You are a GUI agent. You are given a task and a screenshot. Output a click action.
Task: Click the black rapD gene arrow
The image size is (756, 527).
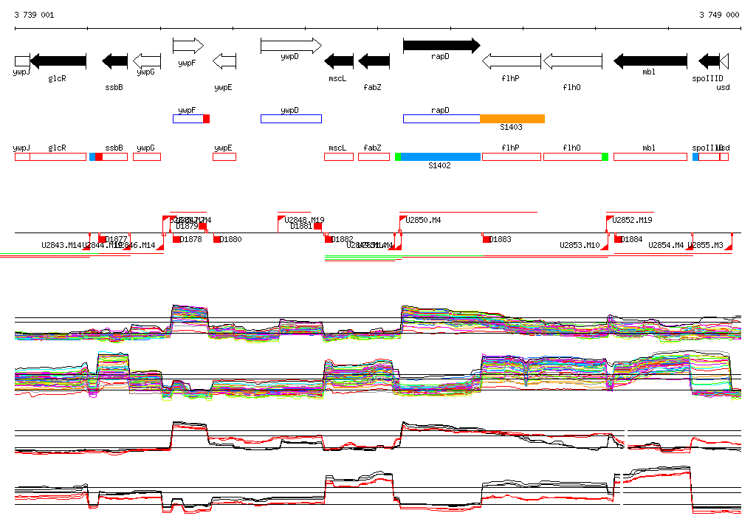click(441, 46)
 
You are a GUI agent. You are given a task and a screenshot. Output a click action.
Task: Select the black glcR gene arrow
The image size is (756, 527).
click(58, 61)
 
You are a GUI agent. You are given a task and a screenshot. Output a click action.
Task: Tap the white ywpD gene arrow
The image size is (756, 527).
click(291, 46)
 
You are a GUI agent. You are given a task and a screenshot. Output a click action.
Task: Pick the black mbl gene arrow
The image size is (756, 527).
click(650, 61)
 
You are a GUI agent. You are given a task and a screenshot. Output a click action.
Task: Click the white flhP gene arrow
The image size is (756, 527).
click(511, 61)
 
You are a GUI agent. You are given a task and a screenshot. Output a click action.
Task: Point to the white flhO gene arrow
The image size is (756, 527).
click(572, 61)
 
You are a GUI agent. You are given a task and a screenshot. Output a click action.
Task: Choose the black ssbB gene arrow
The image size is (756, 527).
click(114, 61)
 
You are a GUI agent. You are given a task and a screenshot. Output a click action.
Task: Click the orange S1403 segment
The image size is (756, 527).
click(512, 119)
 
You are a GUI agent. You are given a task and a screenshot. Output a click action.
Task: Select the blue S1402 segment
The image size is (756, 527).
click(441, 156)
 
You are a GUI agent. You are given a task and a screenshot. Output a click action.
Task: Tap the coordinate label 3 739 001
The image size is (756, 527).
click(33, 15)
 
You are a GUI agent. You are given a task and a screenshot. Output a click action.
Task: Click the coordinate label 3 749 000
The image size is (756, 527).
click(719, 15)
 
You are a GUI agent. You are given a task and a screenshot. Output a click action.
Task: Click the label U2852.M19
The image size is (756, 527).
click(633, 219)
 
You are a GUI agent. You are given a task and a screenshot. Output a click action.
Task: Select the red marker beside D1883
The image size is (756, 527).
click(487, 239)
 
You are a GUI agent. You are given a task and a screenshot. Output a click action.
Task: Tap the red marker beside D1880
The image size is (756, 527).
click(217, 239)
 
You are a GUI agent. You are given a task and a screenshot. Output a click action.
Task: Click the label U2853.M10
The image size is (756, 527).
click(580, 245)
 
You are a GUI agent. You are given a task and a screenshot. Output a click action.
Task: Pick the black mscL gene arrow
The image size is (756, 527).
click(339, 61)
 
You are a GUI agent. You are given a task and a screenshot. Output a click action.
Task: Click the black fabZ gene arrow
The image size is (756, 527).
click(374, 61)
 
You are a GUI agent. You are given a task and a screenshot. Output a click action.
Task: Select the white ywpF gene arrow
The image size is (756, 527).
click(188, 46)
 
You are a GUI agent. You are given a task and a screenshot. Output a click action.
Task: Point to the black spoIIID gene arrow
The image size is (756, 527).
click(709, 61)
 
